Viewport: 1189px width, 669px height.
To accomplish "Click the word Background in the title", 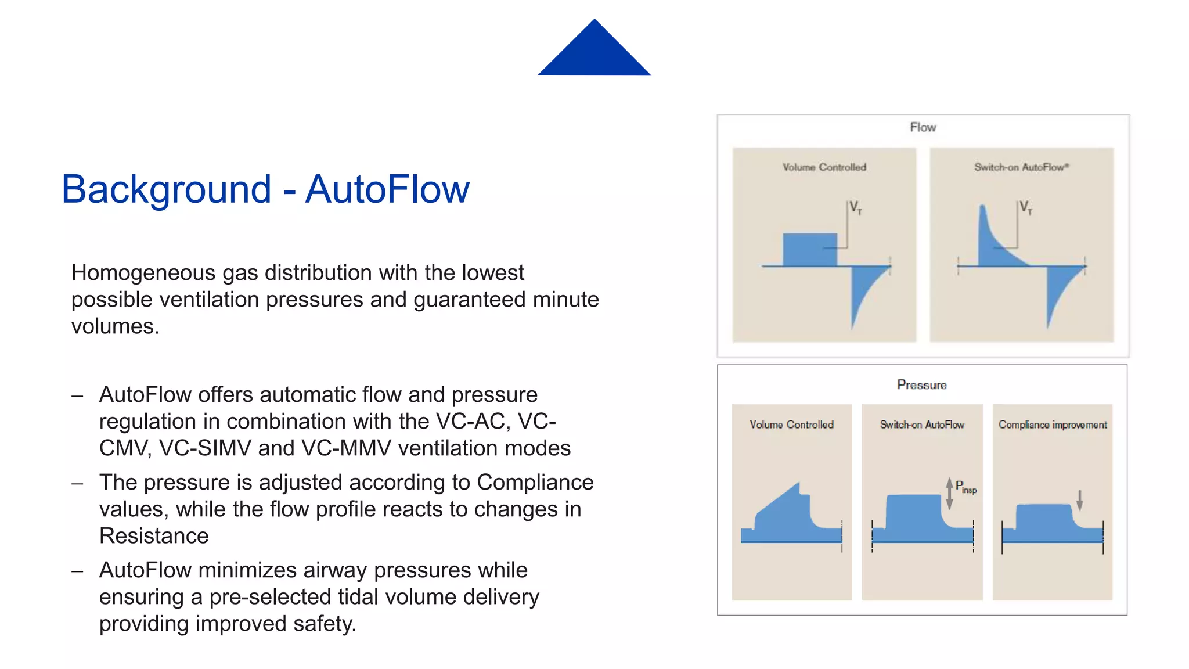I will click(166, 189).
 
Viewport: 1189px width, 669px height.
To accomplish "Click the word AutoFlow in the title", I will click(387, 189).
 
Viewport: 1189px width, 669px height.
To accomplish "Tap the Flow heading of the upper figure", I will click(923, 127).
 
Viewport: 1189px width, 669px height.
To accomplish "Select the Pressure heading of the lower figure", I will click(921, 385).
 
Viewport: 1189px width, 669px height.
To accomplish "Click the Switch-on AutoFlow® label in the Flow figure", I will click(1021, 167).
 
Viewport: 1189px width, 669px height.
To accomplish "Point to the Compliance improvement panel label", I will click(1052, 425).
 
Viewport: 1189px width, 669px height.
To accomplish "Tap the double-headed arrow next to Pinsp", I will click(949, 494).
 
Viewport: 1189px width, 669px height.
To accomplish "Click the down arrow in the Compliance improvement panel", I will click(1079, 500).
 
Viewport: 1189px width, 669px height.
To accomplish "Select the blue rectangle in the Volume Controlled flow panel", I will click(809, 250).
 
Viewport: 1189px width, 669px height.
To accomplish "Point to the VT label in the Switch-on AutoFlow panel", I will click(1026, 207).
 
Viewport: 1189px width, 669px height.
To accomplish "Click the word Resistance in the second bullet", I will click(154, 535).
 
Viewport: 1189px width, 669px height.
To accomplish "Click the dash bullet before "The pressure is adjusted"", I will click(77, 483).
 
